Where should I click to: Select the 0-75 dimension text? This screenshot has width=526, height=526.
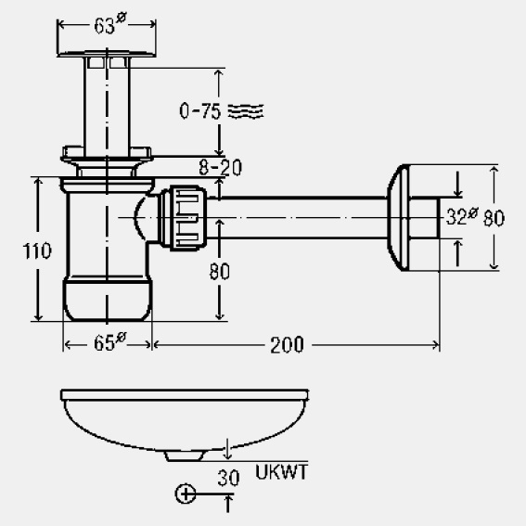pos(200,111)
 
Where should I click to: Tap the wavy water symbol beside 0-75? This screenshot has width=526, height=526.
pos(246,111)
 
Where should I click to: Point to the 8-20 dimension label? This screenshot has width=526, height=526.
pos(220,167)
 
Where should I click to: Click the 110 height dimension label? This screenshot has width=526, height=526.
pos(37,250)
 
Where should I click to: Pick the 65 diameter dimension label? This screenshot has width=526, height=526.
pos(109,342)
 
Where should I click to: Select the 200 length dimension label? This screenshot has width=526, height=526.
pos(288,345)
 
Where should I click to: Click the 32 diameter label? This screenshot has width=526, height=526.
pos(462,216)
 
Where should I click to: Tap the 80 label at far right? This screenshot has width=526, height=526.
pos(494,218)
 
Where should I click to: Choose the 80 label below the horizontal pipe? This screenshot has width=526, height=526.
pos(220,272)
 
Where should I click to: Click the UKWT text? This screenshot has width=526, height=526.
pos(281,472)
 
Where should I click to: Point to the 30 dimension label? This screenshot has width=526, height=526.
pos(228,478)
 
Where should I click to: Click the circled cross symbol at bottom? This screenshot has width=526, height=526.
pos(186,494)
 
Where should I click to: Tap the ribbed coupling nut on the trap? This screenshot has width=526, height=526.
pos(183,218)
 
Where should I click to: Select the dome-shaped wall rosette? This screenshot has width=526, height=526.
pos(399,217)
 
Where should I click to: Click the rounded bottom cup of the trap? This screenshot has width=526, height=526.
pos(108,298)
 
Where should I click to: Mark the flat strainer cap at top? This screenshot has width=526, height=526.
pos(107,54)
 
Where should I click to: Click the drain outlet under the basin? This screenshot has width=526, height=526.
pos(184,455)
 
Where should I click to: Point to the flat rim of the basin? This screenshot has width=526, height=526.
pos(185,395)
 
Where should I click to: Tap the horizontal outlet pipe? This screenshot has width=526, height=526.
pos(297,218)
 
